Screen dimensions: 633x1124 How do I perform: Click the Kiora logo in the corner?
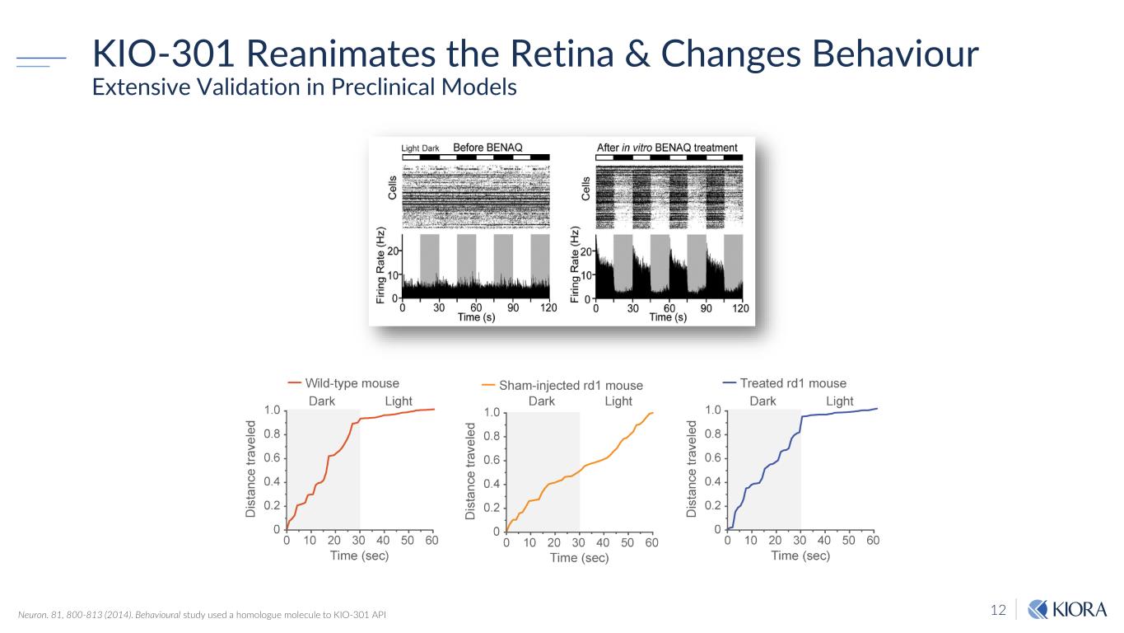click(x=1068, y=610)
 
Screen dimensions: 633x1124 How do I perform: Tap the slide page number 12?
click(x=998, y=611)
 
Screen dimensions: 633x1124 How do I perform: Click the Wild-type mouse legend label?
click(x=352, y=383)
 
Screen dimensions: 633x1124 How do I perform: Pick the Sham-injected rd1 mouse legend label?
click(x=571, y=385)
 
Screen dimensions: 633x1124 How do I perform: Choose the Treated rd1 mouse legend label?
click(x=793, y=383)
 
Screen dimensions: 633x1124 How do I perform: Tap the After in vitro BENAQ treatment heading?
click(x=667, y=148)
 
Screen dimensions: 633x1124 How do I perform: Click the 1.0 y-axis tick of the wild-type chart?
click(x=272, y=410)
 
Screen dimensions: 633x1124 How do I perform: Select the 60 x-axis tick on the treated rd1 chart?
click(x=873, y=541)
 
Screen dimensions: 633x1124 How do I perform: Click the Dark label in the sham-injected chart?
click(x=541, y=401)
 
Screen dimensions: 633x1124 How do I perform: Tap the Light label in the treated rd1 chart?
click(x=839, y=401)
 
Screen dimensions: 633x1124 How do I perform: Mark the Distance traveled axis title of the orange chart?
click(x=471, y=471)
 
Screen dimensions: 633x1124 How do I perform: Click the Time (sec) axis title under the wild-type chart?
click(x=359, y=556)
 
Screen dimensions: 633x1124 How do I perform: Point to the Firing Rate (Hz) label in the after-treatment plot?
click(x=576, y=264)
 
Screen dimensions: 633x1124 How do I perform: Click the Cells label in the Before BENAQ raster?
click(x=393, y=188)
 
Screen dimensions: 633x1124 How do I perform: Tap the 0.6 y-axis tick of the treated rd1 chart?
click(x=712, y=457)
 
